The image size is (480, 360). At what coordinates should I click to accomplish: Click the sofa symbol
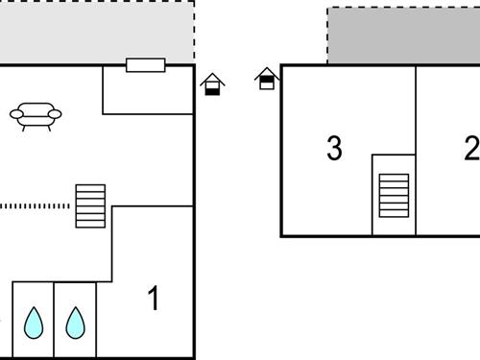(x=36, y=114)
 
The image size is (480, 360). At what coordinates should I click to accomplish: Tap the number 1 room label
(x=154, y=299)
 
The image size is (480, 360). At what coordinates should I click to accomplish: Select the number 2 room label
(x=470, y=149)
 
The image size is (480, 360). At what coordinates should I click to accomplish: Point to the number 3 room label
(x=334, y=149)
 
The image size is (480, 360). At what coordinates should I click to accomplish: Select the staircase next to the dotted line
(x=90, y=206)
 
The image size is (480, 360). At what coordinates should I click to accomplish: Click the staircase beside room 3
(x=394, y=197)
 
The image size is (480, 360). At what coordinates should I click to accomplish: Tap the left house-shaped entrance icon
(x=213, y=84)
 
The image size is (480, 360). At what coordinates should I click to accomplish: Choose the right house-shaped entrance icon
(x=267, y=79)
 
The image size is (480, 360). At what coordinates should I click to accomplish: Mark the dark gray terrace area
(x=403, y=36)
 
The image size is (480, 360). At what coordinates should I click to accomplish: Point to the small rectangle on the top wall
(x=146, y=65)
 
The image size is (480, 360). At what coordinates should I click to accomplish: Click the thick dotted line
(x=36, y=205)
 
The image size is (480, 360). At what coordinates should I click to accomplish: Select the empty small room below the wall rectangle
(x=149, y=92)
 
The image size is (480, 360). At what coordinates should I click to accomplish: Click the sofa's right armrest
(x=55, y=114)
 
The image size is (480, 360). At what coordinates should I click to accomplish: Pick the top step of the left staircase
(x=90, y=189)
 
